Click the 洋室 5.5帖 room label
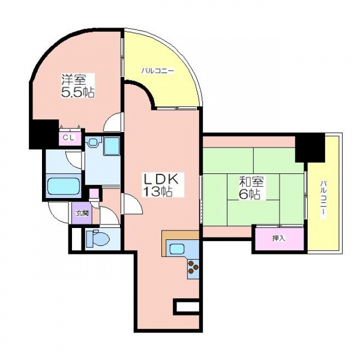coord(77,86)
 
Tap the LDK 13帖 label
coord(160,185)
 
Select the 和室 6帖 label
coord(251,188)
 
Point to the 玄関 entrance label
coord(82,214)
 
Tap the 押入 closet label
coord(279,239)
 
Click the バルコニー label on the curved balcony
coord(157,71)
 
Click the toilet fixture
coord(98,239)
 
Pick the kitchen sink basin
coord(176,248)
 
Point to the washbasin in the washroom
coord(94,142)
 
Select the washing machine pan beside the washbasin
coord(112,146)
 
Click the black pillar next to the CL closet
coord(44,134)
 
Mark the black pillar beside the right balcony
coord(310,148)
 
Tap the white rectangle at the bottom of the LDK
coord(188,307)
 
